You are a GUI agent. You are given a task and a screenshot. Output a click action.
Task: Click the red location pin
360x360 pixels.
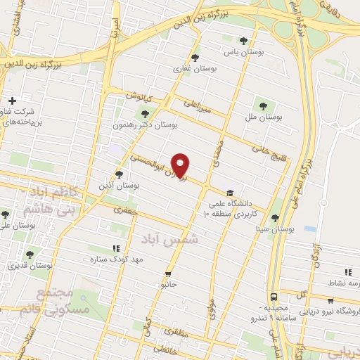[181, 165]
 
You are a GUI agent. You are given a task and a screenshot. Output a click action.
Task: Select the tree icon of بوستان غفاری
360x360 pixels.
[195, 58]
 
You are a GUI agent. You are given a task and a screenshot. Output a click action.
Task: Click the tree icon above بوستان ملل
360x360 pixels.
[263, 106]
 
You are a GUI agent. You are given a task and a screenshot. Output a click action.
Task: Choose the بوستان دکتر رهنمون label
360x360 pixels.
[144, 124]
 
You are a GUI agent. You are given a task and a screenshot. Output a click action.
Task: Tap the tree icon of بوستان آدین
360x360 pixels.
[119, 174]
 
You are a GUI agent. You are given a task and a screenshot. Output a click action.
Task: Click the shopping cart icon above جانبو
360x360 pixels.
[167, 274]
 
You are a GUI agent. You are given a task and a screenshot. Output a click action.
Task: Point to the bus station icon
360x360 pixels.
[274, 296]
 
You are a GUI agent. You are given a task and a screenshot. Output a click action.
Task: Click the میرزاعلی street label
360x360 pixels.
[198, 108]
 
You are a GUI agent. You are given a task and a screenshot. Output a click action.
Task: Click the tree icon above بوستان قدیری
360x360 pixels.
[30, 255]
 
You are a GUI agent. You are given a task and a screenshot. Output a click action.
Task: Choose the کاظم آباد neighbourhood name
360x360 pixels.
[51, 191]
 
